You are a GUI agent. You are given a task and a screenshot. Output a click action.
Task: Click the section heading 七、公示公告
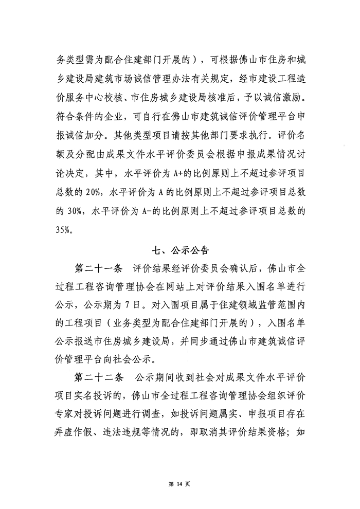(180, 250)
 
